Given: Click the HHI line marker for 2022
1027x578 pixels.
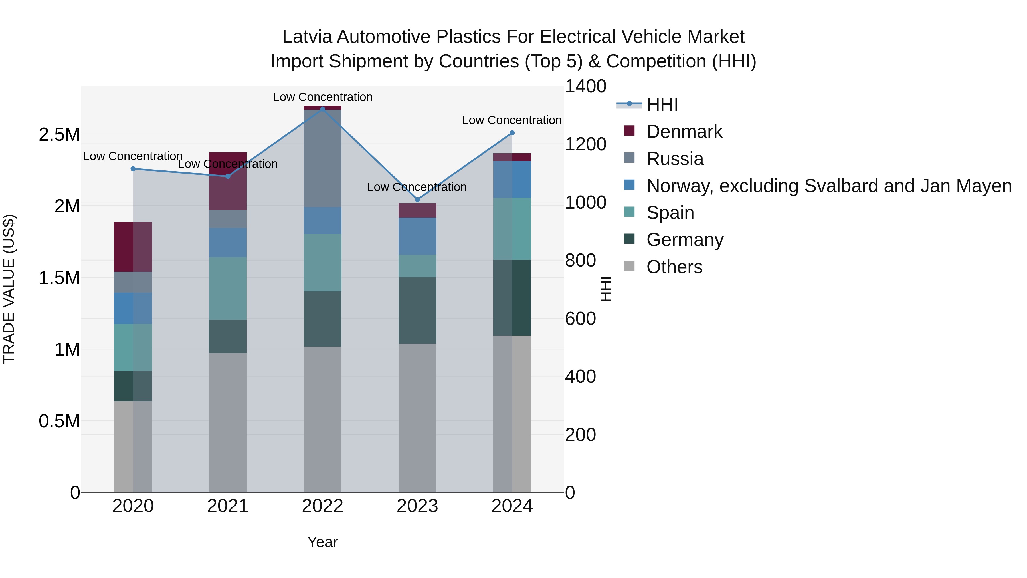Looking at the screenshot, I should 323,109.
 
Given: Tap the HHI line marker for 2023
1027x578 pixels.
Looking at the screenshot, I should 417,200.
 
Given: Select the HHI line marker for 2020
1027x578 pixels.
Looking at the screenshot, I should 133,169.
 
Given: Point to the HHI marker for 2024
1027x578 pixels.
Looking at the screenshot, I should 512,133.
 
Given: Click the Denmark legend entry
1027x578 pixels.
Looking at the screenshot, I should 684,132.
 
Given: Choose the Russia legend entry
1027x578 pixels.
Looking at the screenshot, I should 675,159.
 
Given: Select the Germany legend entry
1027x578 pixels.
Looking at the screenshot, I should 685,240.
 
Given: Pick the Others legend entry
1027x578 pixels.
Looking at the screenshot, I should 674,267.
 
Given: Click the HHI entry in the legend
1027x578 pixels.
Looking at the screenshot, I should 662,104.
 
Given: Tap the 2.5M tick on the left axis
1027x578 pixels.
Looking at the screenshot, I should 59,135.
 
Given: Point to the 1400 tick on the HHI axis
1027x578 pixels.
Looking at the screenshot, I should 585,86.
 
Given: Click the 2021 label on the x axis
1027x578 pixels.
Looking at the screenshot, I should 228,506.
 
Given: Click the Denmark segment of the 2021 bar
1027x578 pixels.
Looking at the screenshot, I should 228,182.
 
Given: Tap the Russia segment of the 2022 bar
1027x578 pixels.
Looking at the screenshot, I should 323,158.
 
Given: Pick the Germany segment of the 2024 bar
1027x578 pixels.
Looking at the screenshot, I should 512,298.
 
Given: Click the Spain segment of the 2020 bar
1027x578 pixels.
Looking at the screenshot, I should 133,347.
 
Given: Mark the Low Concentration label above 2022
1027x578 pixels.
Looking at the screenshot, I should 323,97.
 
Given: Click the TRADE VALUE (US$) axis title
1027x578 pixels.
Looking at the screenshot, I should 9,289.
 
